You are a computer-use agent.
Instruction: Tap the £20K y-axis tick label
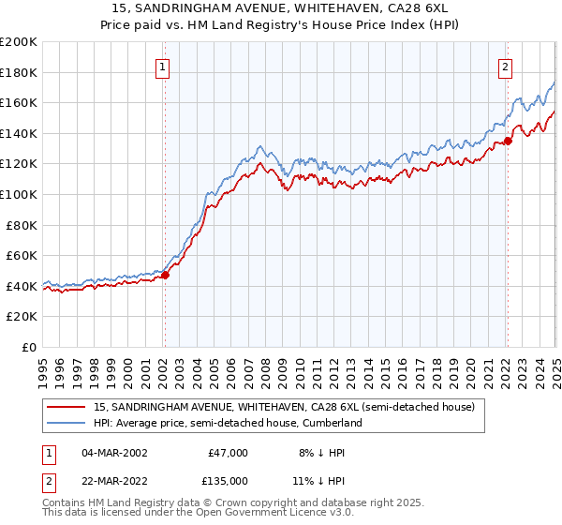(22, 317)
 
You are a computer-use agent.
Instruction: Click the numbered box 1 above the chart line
(164, 67)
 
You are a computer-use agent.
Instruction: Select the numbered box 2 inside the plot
(506, 67)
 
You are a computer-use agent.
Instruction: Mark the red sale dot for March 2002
(165, 276)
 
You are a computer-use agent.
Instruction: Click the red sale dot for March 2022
(507, 142)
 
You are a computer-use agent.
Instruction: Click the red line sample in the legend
(67, 407)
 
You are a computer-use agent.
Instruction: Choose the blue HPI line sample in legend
(67, 423)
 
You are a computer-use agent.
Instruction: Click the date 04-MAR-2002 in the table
(114, 453)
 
